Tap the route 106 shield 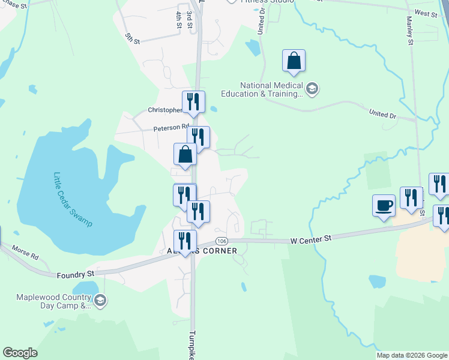221,241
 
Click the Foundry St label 76,275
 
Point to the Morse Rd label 25,252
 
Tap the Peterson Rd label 167,128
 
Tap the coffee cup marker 384,206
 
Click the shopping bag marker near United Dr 294,61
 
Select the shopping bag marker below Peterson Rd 185,154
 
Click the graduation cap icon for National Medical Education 312,90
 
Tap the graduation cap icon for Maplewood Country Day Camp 100,301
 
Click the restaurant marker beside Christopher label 193,102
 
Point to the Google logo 20,353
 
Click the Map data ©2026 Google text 411,355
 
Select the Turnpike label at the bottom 193,345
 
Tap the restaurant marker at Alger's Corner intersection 185,242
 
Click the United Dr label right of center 382,113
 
